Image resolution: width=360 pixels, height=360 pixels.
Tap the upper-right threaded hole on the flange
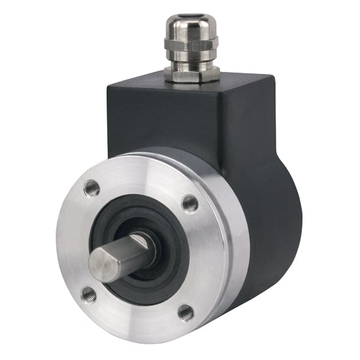pyautogui.click(x=190, y=203)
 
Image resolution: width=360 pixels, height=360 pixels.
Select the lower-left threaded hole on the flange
pyautogui.click(x=89, y=295)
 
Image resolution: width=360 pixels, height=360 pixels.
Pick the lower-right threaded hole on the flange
pyautogui.click(x=186, y=312)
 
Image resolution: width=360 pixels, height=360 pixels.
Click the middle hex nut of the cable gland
pyautogui.click(x=190, y=48)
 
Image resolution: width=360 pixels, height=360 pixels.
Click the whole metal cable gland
pyautogui.click(x=190, y=43)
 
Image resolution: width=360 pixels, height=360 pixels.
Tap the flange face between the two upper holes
pyautogui.click(x=141, y=183)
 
